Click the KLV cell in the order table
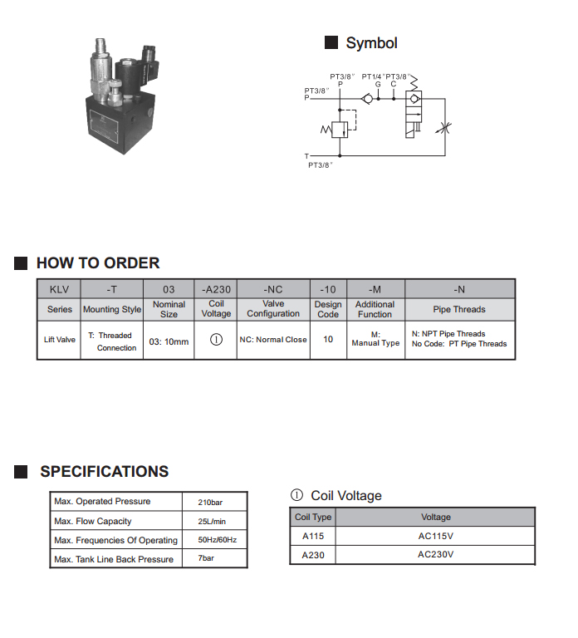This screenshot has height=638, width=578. pyautogui.click(x=59, y=289)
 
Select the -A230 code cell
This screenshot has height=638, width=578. pyautogui.click(x=216, y=289)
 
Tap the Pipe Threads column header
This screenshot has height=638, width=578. pyautogui.click(x=459, y=309)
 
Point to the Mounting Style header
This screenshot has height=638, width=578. pyautogui.click(x=112, y=309)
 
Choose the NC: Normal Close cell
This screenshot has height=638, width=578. pyautogui.click(x=273, y=340)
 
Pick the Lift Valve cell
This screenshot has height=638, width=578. pyautogui.click(x=59, y=340)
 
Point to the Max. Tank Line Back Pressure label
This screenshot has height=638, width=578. pyautogui.click(x=114, y=559)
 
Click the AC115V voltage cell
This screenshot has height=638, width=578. pyautogui.click(x=436, y=536)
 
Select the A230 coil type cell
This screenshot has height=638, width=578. pyautogui.click(x=313, y=555)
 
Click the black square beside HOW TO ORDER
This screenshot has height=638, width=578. pyautogui.click(x=22, y=263)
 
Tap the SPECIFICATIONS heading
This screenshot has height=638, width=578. pyautogui.click(x=104, y=472)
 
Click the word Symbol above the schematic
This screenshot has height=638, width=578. pyautogui.click(x=371, y=43)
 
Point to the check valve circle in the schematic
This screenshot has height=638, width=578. pyautogui.click(x=367, y=97)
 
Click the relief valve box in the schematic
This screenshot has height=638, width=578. pyautogui.click(x=340, y=130)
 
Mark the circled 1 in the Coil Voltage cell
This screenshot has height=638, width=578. pyautogui.click(x=216, y=340)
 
